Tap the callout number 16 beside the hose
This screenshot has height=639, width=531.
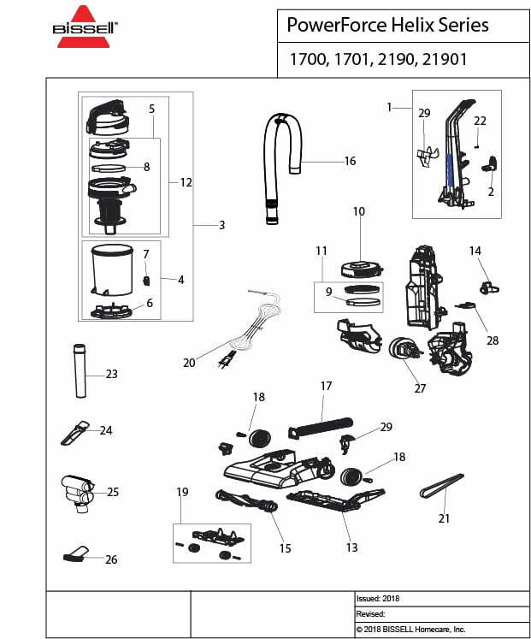(350, 161)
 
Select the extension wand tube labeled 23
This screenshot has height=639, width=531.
(80, 370)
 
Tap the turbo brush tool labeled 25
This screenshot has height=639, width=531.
(77, 493)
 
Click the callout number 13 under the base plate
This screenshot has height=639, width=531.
(352, 547)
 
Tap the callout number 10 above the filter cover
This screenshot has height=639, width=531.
(358, 211)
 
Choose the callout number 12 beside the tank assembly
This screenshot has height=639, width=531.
(186, 182)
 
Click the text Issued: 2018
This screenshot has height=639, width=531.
(378, 599)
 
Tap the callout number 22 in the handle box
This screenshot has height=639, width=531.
(480, 121)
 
